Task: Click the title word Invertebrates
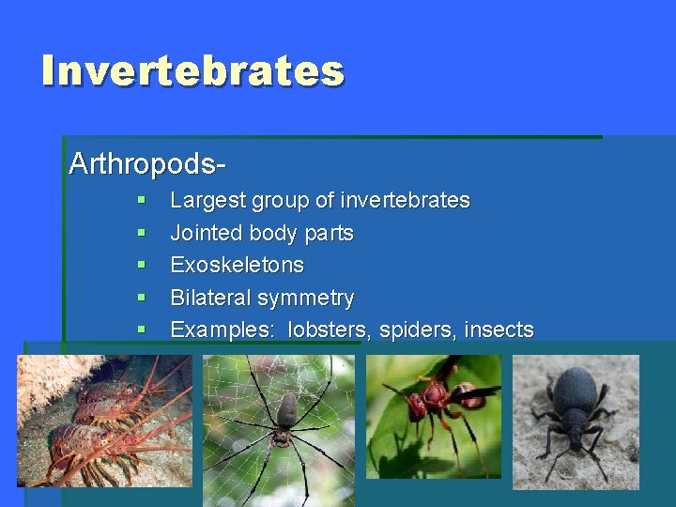(193, 71)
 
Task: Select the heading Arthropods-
(147, 163)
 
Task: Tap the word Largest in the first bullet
(207, 201)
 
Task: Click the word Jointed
(201, 233)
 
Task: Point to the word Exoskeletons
(237, 266)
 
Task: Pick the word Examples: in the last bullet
(223, 330)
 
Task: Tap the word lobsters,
(330, 330)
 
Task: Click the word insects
(499, 330)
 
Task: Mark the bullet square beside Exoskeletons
(141, 265)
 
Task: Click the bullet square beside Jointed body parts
(141, 232)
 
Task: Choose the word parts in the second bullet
(329, 234)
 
